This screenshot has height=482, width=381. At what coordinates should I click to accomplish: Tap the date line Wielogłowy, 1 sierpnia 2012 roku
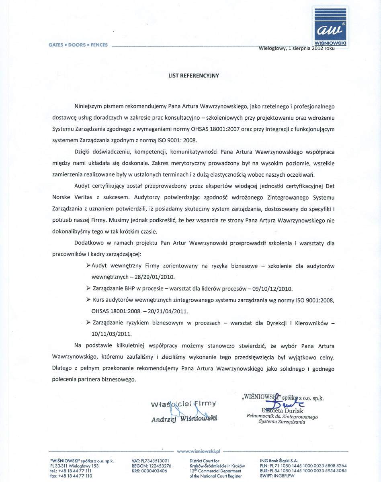297,49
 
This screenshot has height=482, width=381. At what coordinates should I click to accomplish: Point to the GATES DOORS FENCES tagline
78,45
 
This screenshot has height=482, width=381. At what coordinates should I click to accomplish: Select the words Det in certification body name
329,186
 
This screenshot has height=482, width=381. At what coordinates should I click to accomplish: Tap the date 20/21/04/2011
162,311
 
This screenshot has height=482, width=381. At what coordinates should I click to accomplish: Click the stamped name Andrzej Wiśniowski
184,419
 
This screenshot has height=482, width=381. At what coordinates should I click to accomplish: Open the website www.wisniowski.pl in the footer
199,451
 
